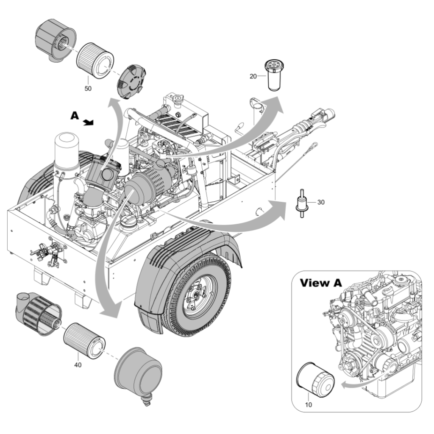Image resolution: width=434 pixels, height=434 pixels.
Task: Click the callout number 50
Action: (88, 89)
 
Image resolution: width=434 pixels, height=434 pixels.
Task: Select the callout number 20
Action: (253, 76)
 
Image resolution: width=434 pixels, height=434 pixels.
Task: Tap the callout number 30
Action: (321, 202)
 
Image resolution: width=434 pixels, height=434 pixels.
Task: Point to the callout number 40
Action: (78, 365)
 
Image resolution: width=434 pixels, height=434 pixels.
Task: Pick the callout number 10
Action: (309, 405)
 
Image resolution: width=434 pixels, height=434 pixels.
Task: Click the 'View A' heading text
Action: (321, 283)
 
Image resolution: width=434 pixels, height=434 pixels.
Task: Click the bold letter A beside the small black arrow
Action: (75, 116)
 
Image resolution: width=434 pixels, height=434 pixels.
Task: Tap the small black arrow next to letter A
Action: (89, 122)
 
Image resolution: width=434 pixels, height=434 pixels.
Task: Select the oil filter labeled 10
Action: (315, 378)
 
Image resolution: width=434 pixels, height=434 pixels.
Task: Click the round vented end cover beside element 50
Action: (130, 82)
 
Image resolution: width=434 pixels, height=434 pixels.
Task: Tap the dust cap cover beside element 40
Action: (138, 374)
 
